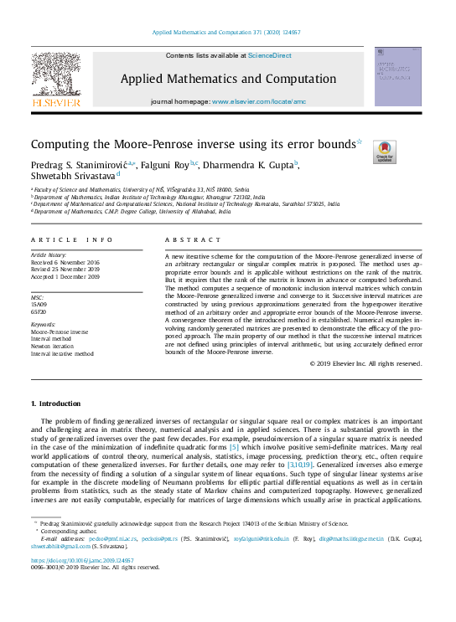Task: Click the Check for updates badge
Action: (385, 151)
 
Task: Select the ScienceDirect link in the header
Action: (270, 55)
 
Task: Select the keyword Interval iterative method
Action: (62, 354)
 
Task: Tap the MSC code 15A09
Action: (40, 304)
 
